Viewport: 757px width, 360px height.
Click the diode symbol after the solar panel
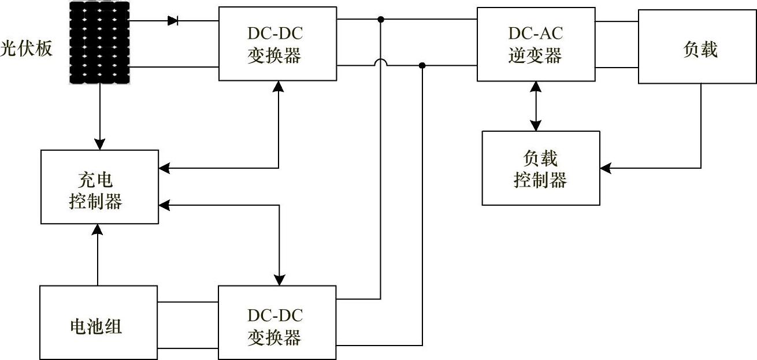point(173,21)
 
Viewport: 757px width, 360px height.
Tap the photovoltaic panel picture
point(99,43)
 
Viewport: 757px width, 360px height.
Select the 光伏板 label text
point(27,49)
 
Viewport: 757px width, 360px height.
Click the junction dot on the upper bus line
point(381,19)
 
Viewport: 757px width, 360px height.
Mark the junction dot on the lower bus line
point(422,65)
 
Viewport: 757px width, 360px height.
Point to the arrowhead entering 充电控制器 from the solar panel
point(100,144)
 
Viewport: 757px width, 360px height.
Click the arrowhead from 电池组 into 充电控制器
point(97,229)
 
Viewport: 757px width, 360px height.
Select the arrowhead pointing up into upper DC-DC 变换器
point(278,87)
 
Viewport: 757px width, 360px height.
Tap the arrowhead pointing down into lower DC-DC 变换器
point(280,280)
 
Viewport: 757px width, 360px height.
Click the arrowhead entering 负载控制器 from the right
point(606,168)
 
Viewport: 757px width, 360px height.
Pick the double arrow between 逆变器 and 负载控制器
point(536,106)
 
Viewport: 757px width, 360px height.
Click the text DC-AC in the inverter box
point(536,33)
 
